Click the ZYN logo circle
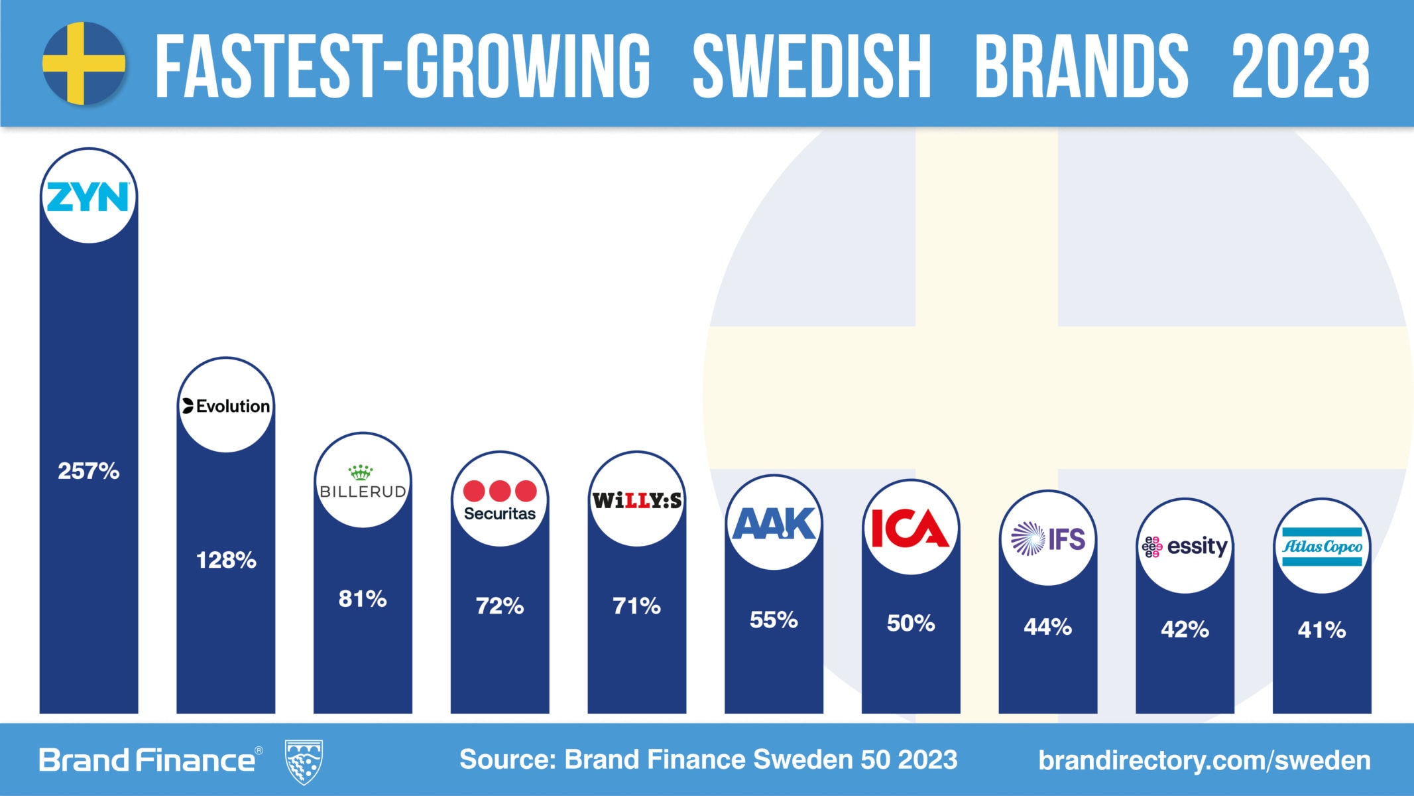89,196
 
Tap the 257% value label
89,471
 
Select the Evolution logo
226,405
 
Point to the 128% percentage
226,561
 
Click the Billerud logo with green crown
363,482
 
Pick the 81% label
363,599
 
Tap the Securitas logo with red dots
500,499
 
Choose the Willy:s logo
636,499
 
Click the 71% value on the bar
636,606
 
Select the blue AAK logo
774,523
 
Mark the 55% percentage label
774,620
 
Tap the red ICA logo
910,528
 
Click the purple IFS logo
1047,539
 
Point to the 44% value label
1047,626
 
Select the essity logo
1185,547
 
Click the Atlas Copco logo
1322,547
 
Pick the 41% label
1322,630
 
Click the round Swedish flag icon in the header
84,63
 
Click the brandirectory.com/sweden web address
1205,760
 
